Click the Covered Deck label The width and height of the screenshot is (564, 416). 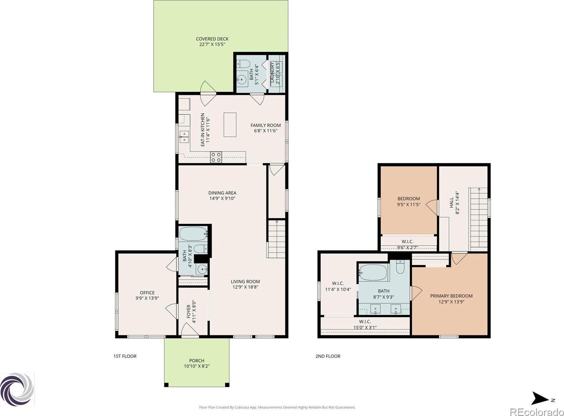212,39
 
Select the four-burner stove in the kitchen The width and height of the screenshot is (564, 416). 216,157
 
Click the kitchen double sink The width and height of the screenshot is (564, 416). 184,137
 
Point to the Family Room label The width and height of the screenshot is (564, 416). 266,125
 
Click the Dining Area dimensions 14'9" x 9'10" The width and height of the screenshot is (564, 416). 222,199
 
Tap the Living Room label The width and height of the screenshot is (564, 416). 245,282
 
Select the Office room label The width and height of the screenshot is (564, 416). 147,293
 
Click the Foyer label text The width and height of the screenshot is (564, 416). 189,311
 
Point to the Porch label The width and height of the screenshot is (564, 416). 197,360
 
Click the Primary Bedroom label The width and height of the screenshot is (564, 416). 451,296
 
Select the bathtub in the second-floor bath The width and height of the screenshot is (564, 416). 373,272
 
